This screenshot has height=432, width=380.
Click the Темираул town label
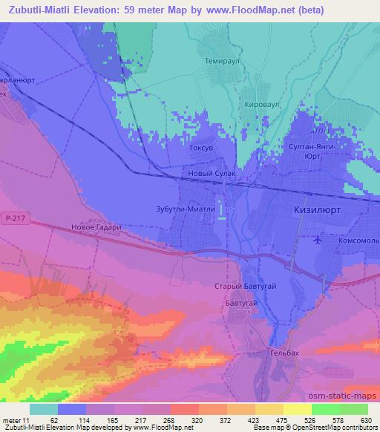tap(219, 65)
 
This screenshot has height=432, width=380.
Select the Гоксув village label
tap(203, 148)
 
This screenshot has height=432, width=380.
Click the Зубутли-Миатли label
tap(185, 209)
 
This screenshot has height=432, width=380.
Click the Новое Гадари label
tap(95, 228)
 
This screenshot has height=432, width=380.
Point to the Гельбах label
tap(284, 353)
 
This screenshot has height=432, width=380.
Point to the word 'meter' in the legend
tap(11, 420)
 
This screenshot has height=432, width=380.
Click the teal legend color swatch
tap(43, 409)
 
